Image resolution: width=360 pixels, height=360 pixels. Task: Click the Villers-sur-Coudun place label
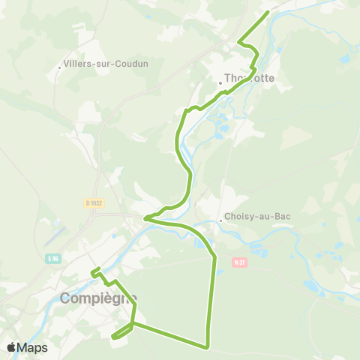coord(107,64)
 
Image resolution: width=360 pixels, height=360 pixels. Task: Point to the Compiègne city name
coord(98,298)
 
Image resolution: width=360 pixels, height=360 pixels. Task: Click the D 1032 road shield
coord(92,202)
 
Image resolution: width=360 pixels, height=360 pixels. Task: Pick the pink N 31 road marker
coord(239,262)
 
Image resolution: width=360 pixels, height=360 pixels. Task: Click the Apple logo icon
coord(12,347)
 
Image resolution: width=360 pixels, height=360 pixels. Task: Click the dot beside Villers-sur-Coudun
coord(60,68)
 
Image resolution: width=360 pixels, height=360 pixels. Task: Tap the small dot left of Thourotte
coord(220,82)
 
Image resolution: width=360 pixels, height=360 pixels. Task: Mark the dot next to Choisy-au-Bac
coord(221,220)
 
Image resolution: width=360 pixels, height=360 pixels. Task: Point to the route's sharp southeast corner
coord(206,346)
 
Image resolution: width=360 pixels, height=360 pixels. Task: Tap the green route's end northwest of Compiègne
coord(93,272)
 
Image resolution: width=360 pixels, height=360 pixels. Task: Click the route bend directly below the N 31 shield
coord(215,259)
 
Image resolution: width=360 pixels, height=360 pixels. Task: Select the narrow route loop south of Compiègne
coord(120,333)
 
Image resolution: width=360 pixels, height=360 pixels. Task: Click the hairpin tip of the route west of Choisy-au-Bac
coord(145,219)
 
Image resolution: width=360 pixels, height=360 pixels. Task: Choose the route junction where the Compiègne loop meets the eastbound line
coord(133,325)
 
